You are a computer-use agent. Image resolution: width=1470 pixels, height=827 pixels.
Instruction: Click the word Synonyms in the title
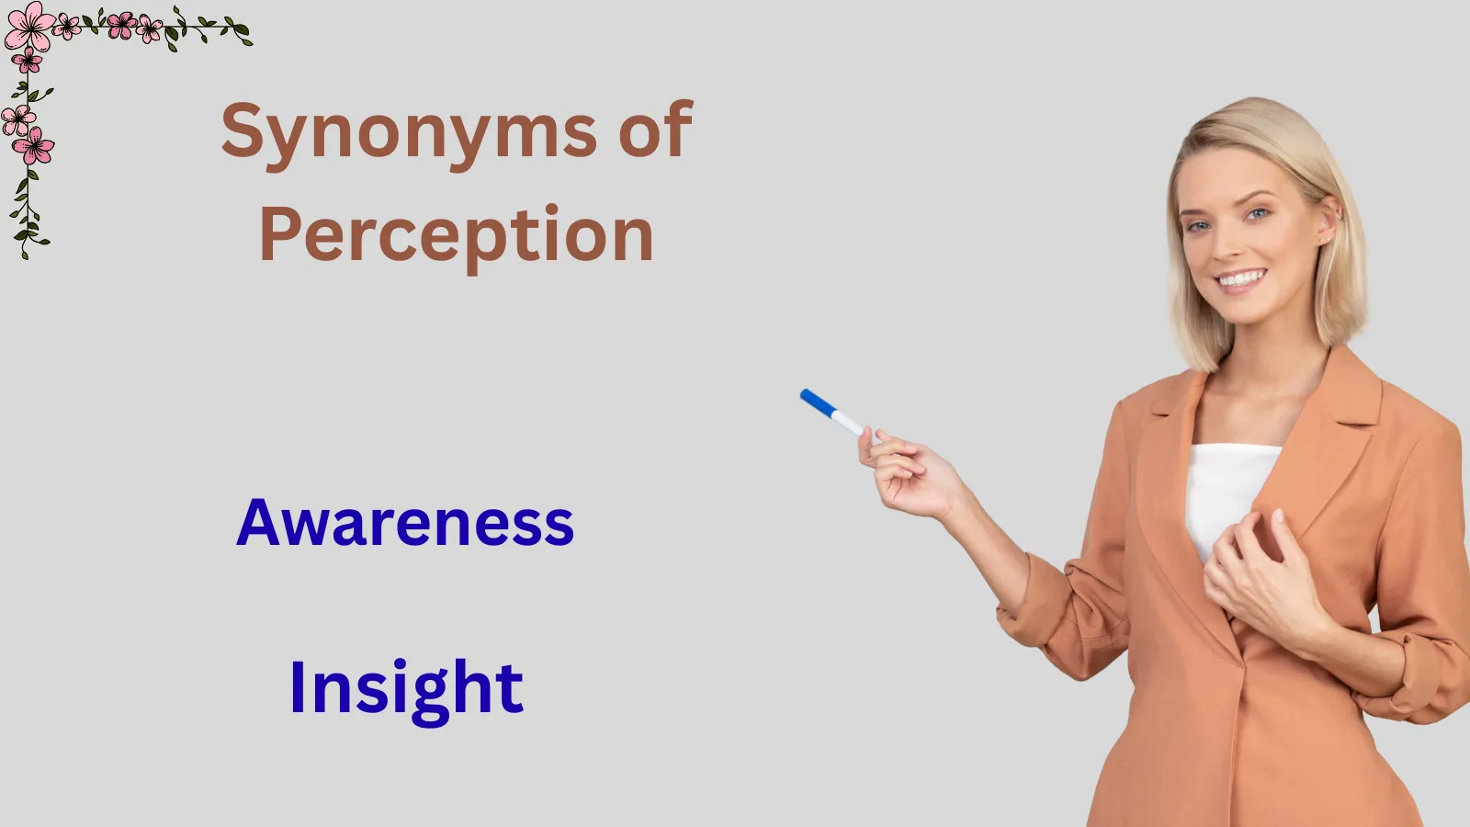click(409, 135)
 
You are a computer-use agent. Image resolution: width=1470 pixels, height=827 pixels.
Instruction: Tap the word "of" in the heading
click(656, 129)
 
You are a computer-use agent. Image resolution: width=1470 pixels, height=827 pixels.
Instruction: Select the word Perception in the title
click(457, 237)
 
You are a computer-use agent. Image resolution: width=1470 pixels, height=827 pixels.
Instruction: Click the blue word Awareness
click(405, 522)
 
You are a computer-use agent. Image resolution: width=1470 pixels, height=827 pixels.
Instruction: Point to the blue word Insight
click(406, 689)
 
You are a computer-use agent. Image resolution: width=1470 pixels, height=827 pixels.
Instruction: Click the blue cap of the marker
click(818, 402)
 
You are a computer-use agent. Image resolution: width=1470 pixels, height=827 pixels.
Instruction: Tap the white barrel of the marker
click(848, 423)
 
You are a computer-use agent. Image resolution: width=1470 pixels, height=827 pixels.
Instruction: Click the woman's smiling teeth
click(1240, 279)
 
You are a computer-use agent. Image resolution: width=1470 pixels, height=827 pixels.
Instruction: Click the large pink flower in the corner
click(29, 27)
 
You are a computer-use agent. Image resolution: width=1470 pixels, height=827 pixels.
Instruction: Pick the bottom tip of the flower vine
click(25, 257)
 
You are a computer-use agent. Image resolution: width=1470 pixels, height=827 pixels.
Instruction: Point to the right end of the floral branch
click(250, 43)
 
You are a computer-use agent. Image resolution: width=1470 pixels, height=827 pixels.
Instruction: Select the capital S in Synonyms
click(243, 130)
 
